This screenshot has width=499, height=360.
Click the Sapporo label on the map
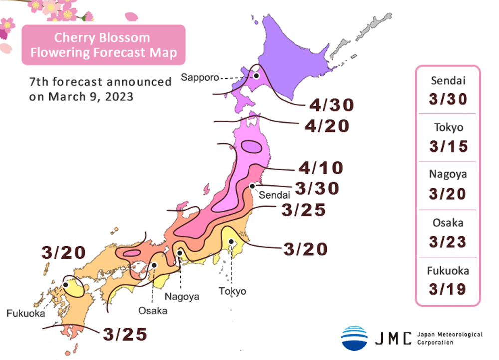pos(197,77)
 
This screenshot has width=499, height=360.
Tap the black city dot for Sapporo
pos(256,76)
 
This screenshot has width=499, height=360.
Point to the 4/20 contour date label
pos(327,126)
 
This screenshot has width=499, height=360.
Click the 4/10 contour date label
pos(321,168)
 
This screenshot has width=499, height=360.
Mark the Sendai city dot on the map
pos(252,186)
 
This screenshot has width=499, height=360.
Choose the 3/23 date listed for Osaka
pos(448,242)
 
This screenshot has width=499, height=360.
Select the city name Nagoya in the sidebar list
pos(448,174)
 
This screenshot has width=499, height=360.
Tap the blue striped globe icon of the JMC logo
pos(354,338)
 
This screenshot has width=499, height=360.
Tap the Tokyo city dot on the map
pos(231,242)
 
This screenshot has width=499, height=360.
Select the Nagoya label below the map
pos(182,296)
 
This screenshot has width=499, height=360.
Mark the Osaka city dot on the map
pos(155,265)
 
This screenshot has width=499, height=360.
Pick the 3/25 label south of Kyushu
pos(126,334)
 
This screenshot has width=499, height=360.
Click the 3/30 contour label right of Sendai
pos(317,188)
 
